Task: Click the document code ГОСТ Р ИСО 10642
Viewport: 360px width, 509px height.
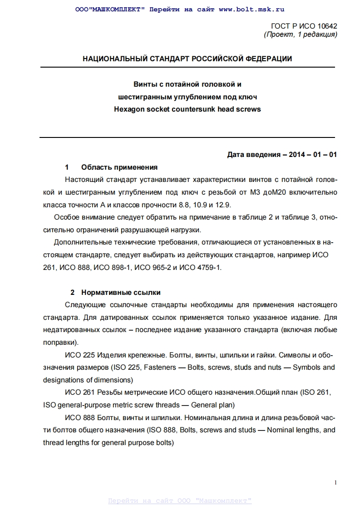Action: [x=304, y=26]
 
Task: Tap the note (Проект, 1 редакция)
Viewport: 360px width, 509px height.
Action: [x=300, y=34]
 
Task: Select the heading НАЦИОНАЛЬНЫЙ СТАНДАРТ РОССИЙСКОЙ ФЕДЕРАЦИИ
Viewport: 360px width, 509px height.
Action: [x=187, y=59]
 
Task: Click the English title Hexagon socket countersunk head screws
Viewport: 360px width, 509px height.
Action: [x=187, y=109]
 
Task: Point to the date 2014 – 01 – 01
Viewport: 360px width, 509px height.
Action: [x=313, y=155]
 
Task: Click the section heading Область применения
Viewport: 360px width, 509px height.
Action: [x=119, y=167]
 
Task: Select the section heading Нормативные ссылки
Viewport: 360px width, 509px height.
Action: [x=121, y=293]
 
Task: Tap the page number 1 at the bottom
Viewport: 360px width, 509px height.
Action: [x=335, y=482]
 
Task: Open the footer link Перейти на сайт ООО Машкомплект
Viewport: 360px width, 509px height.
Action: [x=180, y=501]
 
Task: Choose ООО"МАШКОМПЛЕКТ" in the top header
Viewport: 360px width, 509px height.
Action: [x=110, y=9]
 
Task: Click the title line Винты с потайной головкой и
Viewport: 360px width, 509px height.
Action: [x=187, y=84]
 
